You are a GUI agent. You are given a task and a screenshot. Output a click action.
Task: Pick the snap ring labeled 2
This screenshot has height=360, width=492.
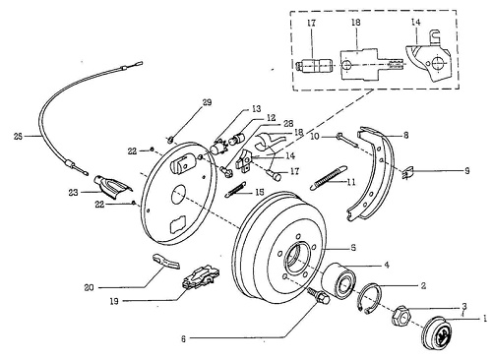[371, 296]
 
